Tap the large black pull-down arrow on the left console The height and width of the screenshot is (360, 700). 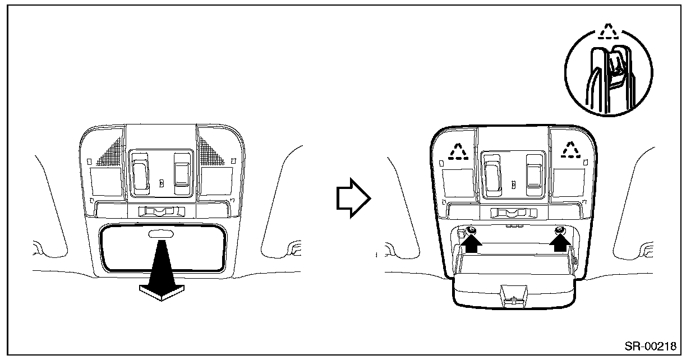tap(160, 273)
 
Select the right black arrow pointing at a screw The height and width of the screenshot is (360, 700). tap(559, 244)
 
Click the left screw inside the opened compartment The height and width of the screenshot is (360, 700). tap(472, 230)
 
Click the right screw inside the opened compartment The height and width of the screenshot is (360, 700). tap(559, 230)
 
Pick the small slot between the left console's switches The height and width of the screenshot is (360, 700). tap(160, 183)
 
